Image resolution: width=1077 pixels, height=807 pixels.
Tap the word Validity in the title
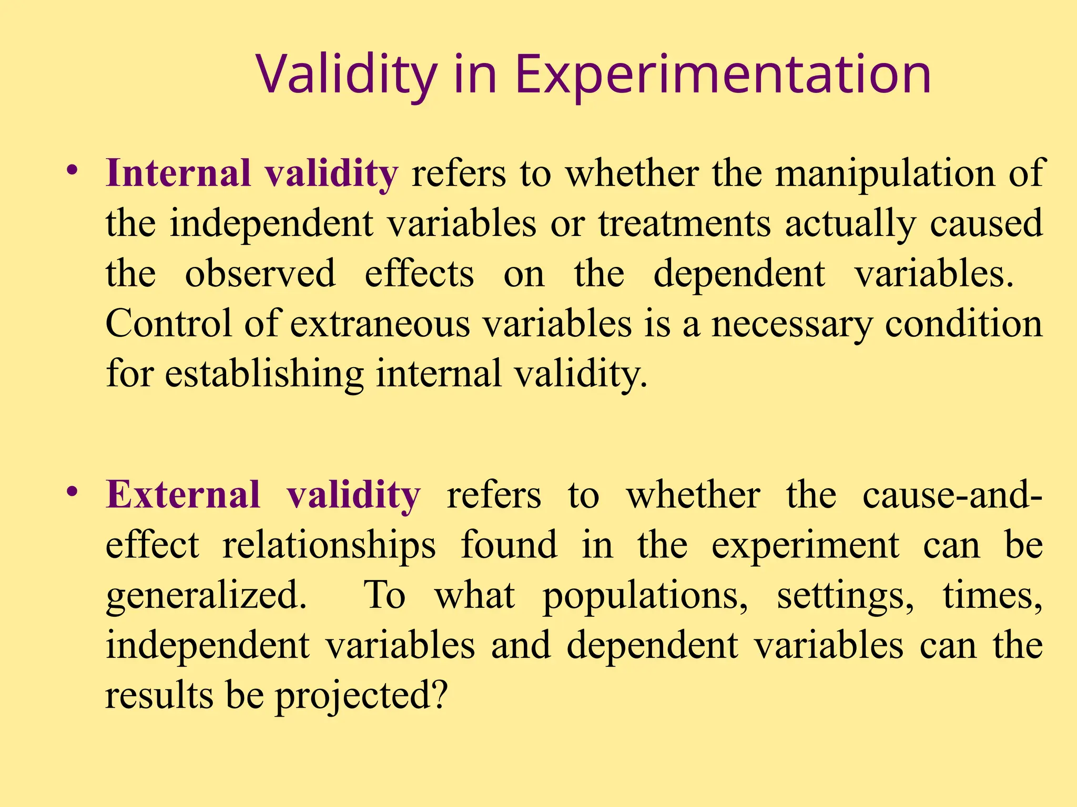click(347, 75)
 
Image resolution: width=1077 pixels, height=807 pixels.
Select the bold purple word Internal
click(178, 173)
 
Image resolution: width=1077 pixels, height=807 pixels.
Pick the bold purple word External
click(183, 495)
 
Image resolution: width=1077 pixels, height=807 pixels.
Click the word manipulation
click(885, 173)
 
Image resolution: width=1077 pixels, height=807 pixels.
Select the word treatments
click(684, 224)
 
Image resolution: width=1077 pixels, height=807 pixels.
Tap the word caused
click(986, 224)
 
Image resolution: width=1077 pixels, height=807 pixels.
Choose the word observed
click(260, 274)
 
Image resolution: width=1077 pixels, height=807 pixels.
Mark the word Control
click(169, 324)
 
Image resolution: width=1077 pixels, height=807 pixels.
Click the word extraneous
click(380, 324)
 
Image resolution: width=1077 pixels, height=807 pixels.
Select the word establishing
click(265, 374)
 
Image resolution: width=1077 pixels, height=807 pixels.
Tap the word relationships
click(329, 545)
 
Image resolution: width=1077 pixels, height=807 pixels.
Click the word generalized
click(206, 596)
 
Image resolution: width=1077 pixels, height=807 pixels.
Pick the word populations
click(645, 596)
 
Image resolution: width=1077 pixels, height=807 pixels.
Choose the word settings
click(845, 596)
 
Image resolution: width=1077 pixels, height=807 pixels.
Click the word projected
click(362, 696)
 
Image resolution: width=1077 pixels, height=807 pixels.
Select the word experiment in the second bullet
click(805, 545)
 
